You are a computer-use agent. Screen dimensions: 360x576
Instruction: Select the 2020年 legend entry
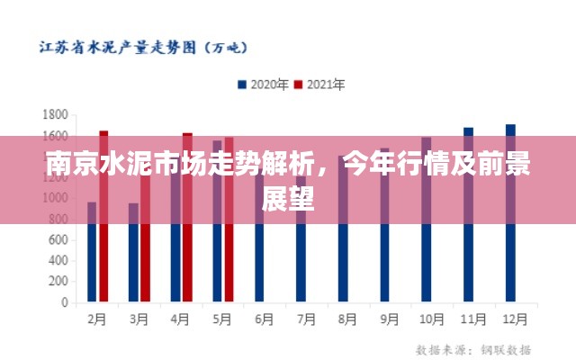coord(263,85)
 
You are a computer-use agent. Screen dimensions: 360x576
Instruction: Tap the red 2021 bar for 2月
coord(103,243)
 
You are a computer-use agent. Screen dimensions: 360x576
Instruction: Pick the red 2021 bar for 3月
coord(145,261)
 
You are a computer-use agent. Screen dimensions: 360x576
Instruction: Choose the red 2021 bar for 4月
coord(187,243)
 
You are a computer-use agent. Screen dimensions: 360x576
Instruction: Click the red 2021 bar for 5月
coord(229,243)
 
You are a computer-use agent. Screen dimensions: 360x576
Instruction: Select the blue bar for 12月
coord(510,243)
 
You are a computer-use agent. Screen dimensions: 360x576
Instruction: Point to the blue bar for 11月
coord(468,243)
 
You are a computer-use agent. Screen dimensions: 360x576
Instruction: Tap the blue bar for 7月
coord(301,261)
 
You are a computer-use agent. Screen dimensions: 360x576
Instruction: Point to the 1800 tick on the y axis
coord(56,115)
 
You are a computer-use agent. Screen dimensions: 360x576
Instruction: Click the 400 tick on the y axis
coord(58,261)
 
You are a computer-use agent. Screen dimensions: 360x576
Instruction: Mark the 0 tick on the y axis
coord(64,302)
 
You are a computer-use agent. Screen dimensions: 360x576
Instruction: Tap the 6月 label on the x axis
coord(264,319)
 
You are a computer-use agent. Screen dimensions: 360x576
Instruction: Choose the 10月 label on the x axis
coord(432,319)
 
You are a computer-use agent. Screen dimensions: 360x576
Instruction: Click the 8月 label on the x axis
coord(348,319)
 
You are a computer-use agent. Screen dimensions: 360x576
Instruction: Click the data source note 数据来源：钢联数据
coord(473,348)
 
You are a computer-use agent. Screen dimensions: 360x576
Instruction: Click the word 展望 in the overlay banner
coord(288,200)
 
